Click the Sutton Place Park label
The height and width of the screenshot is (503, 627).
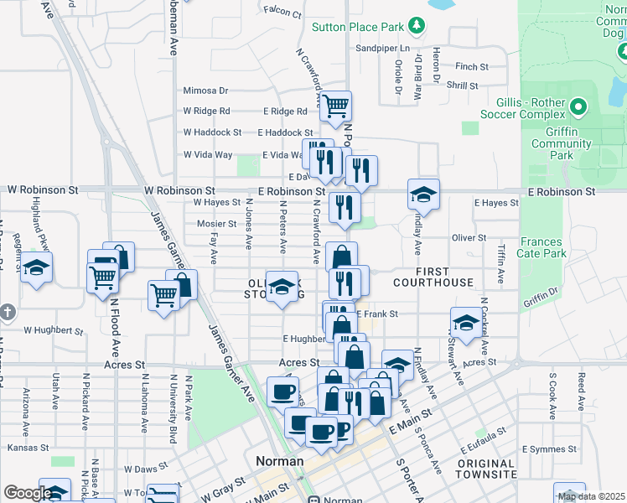pyautogui.click(x=358, y=27)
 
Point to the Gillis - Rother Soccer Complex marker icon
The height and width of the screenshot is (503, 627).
pyautogui.click(x=578, y=106)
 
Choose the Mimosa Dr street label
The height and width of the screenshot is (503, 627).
pyautogui.click(x=205, y=91)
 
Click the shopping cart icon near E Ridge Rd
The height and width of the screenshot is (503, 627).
pyautogui.click(x=335, y=106)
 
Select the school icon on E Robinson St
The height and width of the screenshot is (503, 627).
pyautogui.click(x=423, y=194)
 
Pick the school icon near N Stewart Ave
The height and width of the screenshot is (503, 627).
pyautogui.click(x=466, y=321)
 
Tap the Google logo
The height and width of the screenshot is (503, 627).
pyautogui.click(x=28, y=493)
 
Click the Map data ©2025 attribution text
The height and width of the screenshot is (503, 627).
pyautogui.click(x=592, y=496)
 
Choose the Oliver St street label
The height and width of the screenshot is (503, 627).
pyautogui.click(x=469, y=238)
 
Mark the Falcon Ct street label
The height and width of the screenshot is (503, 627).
pyautogui.click(x=282, y=13)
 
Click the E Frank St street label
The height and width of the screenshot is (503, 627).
pyautogui.click(x=376, y=314)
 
